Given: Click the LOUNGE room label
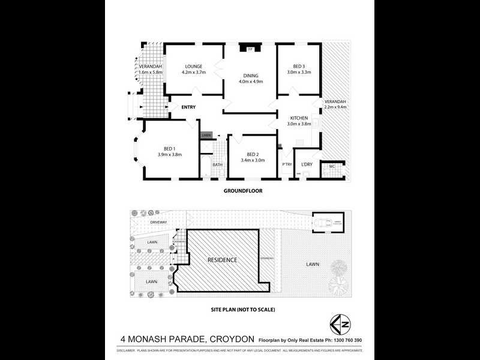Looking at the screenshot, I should coord(193,67).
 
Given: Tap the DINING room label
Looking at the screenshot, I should coord(250,76).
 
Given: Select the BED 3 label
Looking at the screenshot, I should coord(299,66).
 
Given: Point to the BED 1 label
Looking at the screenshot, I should coord(170,149).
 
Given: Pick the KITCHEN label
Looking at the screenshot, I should coord(299,118).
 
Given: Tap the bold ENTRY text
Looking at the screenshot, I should coord(188,107).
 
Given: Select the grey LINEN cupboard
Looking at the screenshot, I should coord(206,136).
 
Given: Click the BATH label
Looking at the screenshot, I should coord(217,164).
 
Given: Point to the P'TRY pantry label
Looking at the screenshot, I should coord(287,164).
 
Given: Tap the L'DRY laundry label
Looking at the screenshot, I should coord(307,164).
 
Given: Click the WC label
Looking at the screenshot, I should coord(331,166).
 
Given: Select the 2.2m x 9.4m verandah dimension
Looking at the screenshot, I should coord(335,107).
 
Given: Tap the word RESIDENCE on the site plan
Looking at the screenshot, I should coord(222,260).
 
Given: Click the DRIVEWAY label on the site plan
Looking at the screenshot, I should coord(158,222).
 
